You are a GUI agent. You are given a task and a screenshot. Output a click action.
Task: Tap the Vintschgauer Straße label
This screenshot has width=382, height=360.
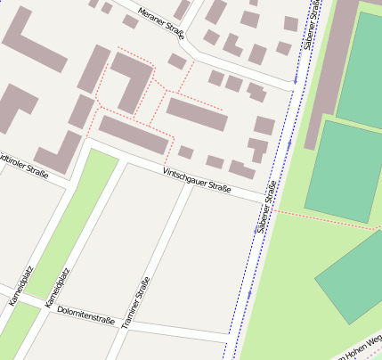(197, 181)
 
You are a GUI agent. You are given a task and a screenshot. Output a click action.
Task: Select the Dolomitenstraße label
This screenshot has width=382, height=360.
(85, 315)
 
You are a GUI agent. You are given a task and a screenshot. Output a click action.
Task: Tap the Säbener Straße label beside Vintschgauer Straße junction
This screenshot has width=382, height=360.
(265, 208)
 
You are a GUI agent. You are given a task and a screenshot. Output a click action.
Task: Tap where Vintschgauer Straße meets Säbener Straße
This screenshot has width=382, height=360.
(272, 201)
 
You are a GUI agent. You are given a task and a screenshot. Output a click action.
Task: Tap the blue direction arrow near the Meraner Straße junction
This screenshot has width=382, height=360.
(294, 81)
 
